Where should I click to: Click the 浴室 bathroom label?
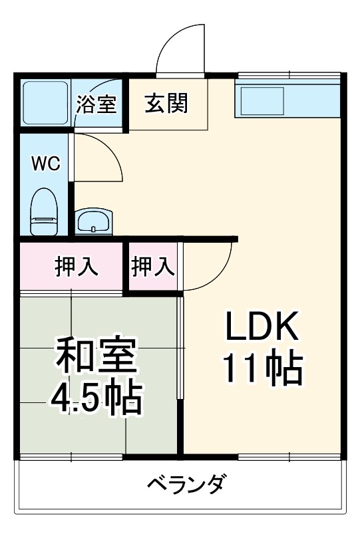click(96, 104)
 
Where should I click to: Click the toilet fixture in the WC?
click(45, 211)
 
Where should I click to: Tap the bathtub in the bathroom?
click(45, 104)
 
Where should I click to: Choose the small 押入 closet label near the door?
click(153, 266)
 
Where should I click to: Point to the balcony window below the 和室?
click(71, 458)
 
